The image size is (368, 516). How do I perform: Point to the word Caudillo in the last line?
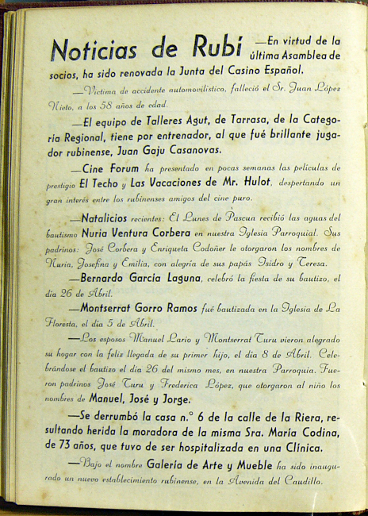[x=297, y=479]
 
